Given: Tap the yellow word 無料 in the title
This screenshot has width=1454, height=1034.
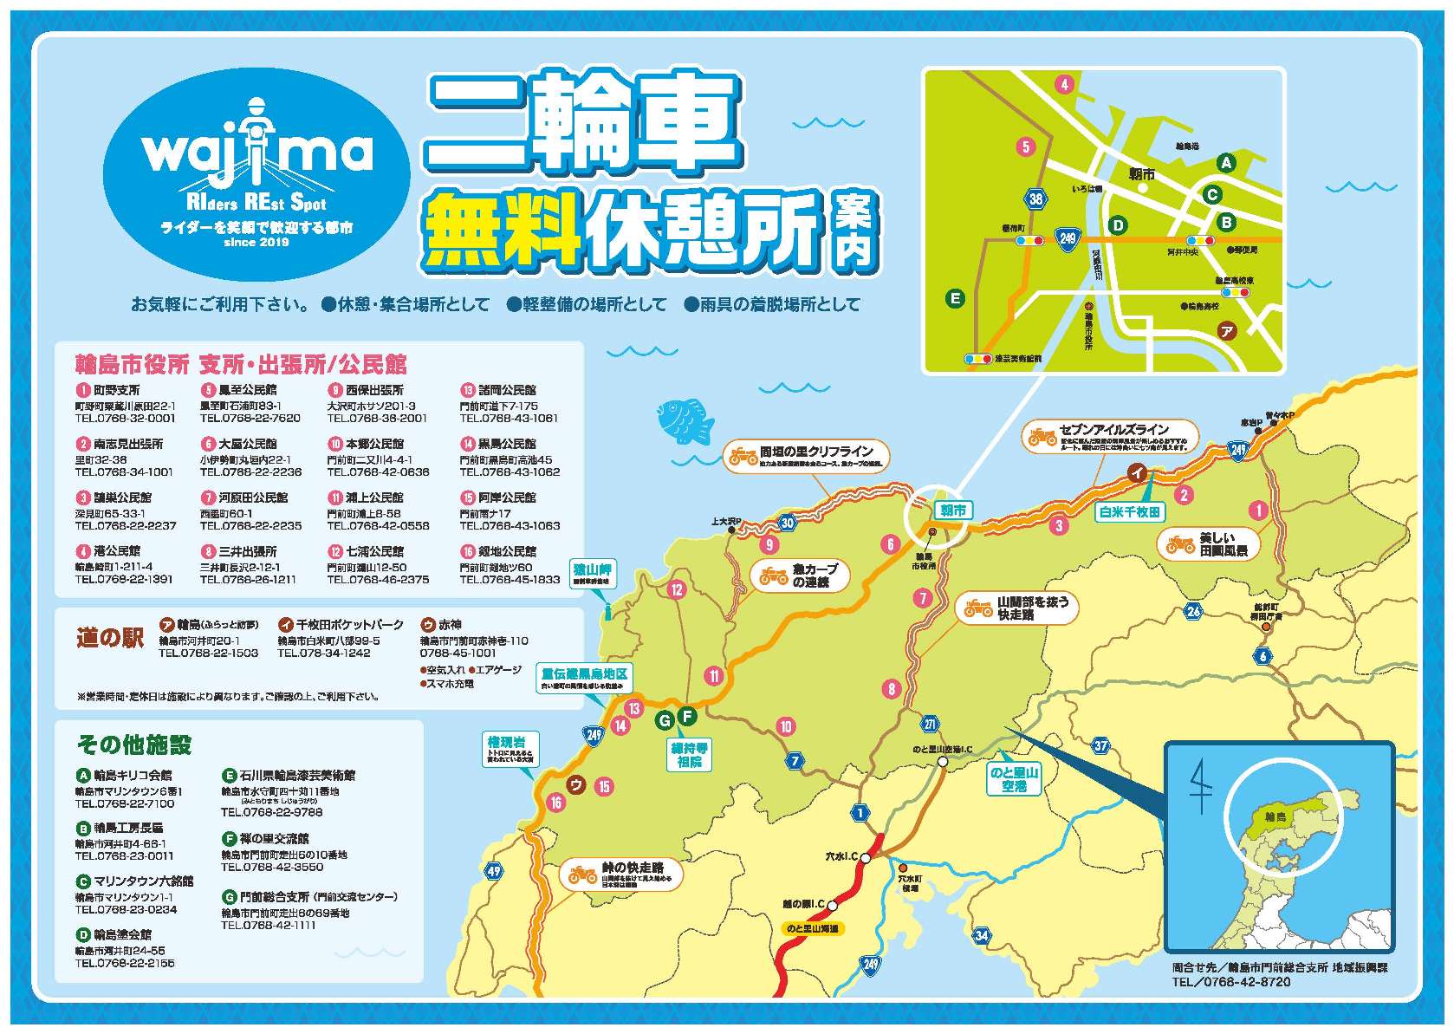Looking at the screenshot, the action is (504, 229).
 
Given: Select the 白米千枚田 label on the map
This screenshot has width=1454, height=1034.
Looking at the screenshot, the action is (1130, 512).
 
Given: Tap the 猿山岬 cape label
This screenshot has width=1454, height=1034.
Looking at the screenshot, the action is (593, 575).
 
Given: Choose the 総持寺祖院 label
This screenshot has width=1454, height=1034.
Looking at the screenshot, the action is (690, 755).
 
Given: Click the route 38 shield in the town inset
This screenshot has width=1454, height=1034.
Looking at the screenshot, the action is (1036, 198).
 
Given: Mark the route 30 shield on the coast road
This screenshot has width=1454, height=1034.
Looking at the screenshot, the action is (787, 522).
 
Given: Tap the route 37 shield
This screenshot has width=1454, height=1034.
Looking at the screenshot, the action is (1100, 745).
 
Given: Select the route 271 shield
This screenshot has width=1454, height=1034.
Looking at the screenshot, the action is (931, 725).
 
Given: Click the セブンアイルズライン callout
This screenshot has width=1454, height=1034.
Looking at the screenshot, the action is (1110, 436).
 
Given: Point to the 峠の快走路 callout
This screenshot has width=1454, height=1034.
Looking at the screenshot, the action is (620, 875).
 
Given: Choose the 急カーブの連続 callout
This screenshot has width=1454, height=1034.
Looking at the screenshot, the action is (799, 576).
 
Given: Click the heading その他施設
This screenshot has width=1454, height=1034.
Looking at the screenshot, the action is (134, 744).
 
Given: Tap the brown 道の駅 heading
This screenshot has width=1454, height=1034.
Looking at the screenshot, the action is (109, 638).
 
